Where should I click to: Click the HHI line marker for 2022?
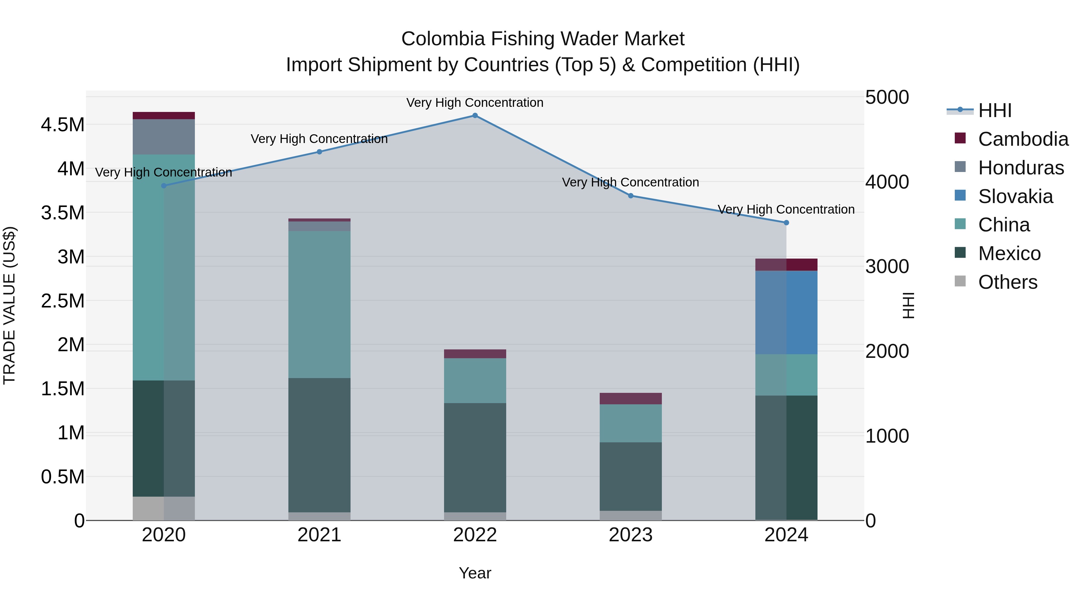[x=475, y=116]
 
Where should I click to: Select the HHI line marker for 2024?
[x=786, y=223]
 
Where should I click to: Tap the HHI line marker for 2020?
[x=164, y=186]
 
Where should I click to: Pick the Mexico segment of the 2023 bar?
[x=631, y=476]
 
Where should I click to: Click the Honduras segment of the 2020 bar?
[x=164, y=137]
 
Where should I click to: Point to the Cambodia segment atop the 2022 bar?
[x=475, y=354]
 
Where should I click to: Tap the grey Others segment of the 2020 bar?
[x=164, y=508]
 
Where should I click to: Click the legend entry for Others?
[x=1007, y=282]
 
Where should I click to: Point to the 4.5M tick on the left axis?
[x=62, y=125]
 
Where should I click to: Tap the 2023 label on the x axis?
[x=631, y=535]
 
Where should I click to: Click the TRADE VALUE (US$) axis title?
[x=10, y=305]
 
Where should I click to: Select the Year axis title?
[x=475, y=573]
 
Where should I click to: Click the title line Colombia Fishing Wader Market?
[x=543, y=39]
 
